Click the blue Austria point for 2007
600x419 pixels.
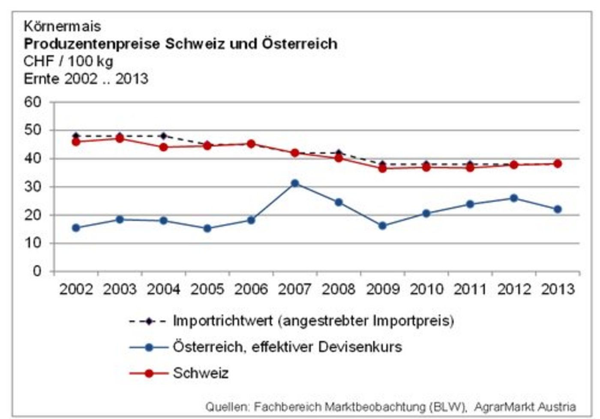pyautogui.click(x=295, y=183)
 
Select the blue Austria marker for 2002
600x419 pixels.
pyautogui.click(x=76, y=228)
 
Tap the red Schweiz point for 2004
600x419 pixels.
pyautogui.click(x=163, y=147)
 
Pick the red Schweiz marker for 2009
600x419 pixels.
pyautogui.click(x=382, y=168)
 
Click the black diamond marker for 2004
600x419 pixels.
pyautogui.click(x=163, y=136)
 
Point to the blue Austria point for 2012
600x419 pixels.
pyautogui.click(x=514, y=198)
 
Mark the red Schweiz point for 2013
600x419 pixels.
pyautogui.click(x=558, y=164)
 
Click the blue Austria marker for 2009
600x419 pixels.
pyautogui.click(x=382, y=226)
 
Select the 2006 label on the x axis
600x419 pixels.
pyautogui.click(x=251, y=290)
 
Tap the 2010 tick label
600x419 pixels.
pyautogui.click(x=426, y=290)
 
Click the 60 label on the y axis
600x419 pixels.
pyautogui.click(x=33, y=102)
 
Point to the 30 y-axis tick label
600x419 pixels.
pyautogui.click(x=33, y=187)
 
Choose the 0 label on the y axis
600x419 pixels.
pyautogui.click(x=38, y=271)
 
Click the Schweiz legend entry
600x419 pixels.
pyautogui.click(x=201, y=373)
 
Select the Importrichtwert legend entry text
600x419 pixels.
pyautogui.click(x=313, y=321)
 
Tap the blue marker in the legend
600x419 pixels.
pyautogui.click(x=149, y=347)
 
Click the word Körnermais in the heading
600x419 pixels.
pyautogui.click(x=63, y=26)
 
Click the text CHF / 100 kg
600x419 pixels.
pyautogui.click(x=69, y=61)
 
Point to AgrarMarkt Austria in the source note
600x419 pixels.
pyautogui.click(x=525, y=406)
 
